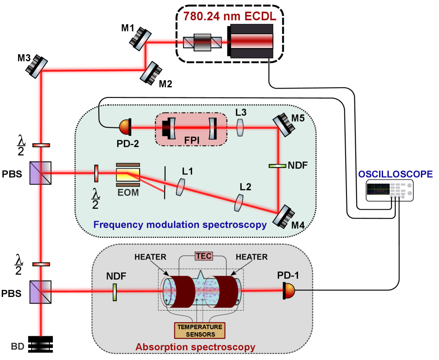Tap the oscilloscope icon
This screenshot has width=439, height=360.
click(x=390, y=191)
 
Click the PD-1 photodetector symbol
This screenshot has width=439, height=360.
click(x=289, y=290)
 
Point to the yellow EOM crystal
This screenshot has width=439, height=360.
click(x=128, y=175)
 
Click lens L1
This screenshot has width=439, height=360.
click(x=180, y=186)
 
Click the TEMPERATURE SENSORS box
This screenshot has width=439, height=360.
click(x=199, y=330)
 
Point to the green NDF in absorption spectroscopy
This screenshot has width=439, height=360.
click(x=114, y=292)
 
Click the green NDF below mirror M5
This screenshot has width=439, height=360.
click(x=277, y=166)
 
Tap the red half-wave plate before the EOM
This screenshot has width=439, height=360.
click(x=95, y=173)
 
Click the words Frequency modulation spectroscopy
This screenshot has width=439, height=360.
click(x=180, y=225)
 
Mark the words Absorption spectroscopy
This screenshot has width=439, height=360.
click(x=195, y=347)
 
